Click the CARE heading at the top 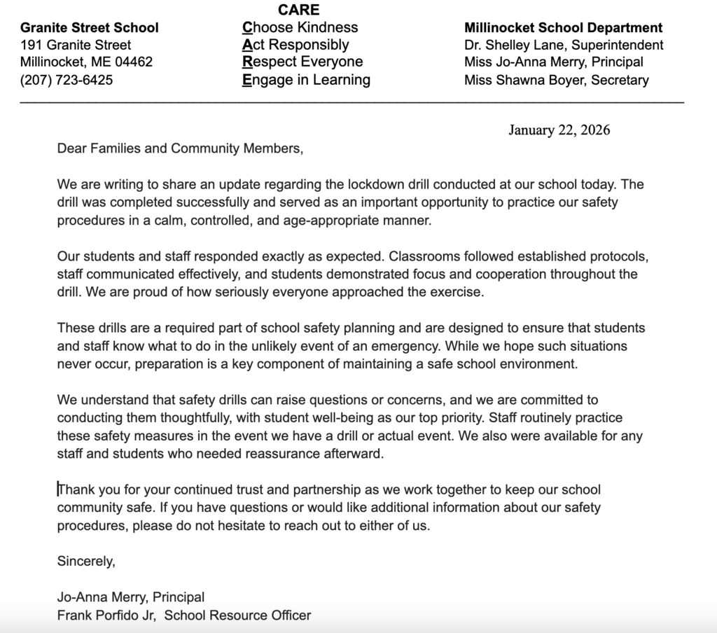click(298, 10)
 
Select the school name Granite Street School click(90, 28)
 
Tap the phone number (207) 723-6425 click(67, 80)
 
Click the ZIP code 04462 click(133, 62)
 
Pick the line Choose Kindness click(300, 28)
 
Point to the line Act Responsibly click(295, 46)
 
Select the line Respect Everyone click(302, 62)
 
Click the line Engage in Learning click(306, 80)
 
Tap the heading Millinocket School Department click(563, 28)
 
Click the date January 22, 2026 click(559, 130)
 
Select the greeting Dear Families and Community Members click(181, 148)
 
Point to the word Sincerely click(85, 561)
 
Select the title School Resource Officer click(237, 615)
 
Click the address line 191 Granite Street click(76, 46)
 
